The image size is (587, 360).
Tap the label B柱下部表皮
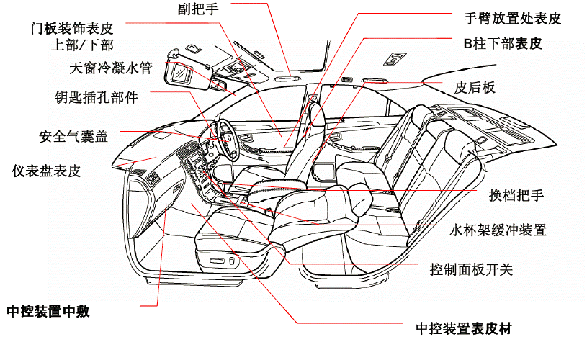coord(502,43)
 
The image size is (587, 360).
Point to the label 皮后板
coord(475,88)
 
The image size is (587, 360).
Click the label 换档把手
coord(516,195)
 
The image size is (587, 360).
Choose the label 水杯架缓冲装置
coord(498,230)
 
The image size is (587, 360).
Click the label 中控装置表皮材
coord(464,329)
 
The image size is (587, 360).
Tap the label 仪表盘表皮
coord(46,171)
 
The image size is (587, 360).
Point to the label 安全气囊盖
coord(73,135)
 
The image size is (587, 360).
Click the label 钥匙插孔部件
coord(96,96)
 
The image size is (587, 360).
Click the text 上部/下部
coord(84,46)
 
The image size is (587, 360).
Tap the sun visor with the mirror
coord(180,73)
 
